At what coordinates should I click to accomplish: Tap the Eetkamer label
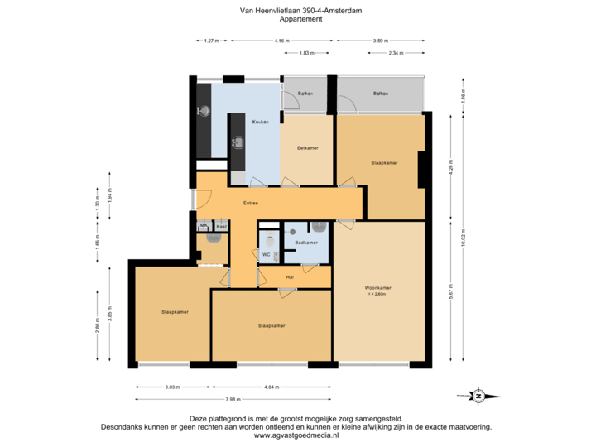click(308, 148)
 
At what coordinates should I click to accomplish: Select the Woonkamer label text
click(377, 289)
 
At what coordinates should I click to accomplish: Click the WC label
click(267, 255)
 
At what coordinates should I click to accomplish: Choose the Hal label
click(290, 276)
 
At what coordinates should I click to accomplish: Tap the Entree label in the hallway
click(250, 203)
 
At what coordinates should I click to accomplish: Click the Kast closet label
click(221, 225)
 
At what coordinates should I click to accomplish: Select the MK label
click(203, 225)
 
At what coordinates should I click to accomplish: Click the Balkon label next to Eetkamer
click(305, 94)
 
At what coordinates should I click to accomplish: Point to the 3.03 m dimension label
click(172, 386)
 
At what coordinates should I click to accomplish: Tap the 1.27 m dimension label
click(210, 41)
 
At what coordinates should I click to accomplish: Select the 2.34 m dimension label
click(396, 53)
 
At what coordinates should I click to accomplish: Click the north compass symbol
click(478, 396)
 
